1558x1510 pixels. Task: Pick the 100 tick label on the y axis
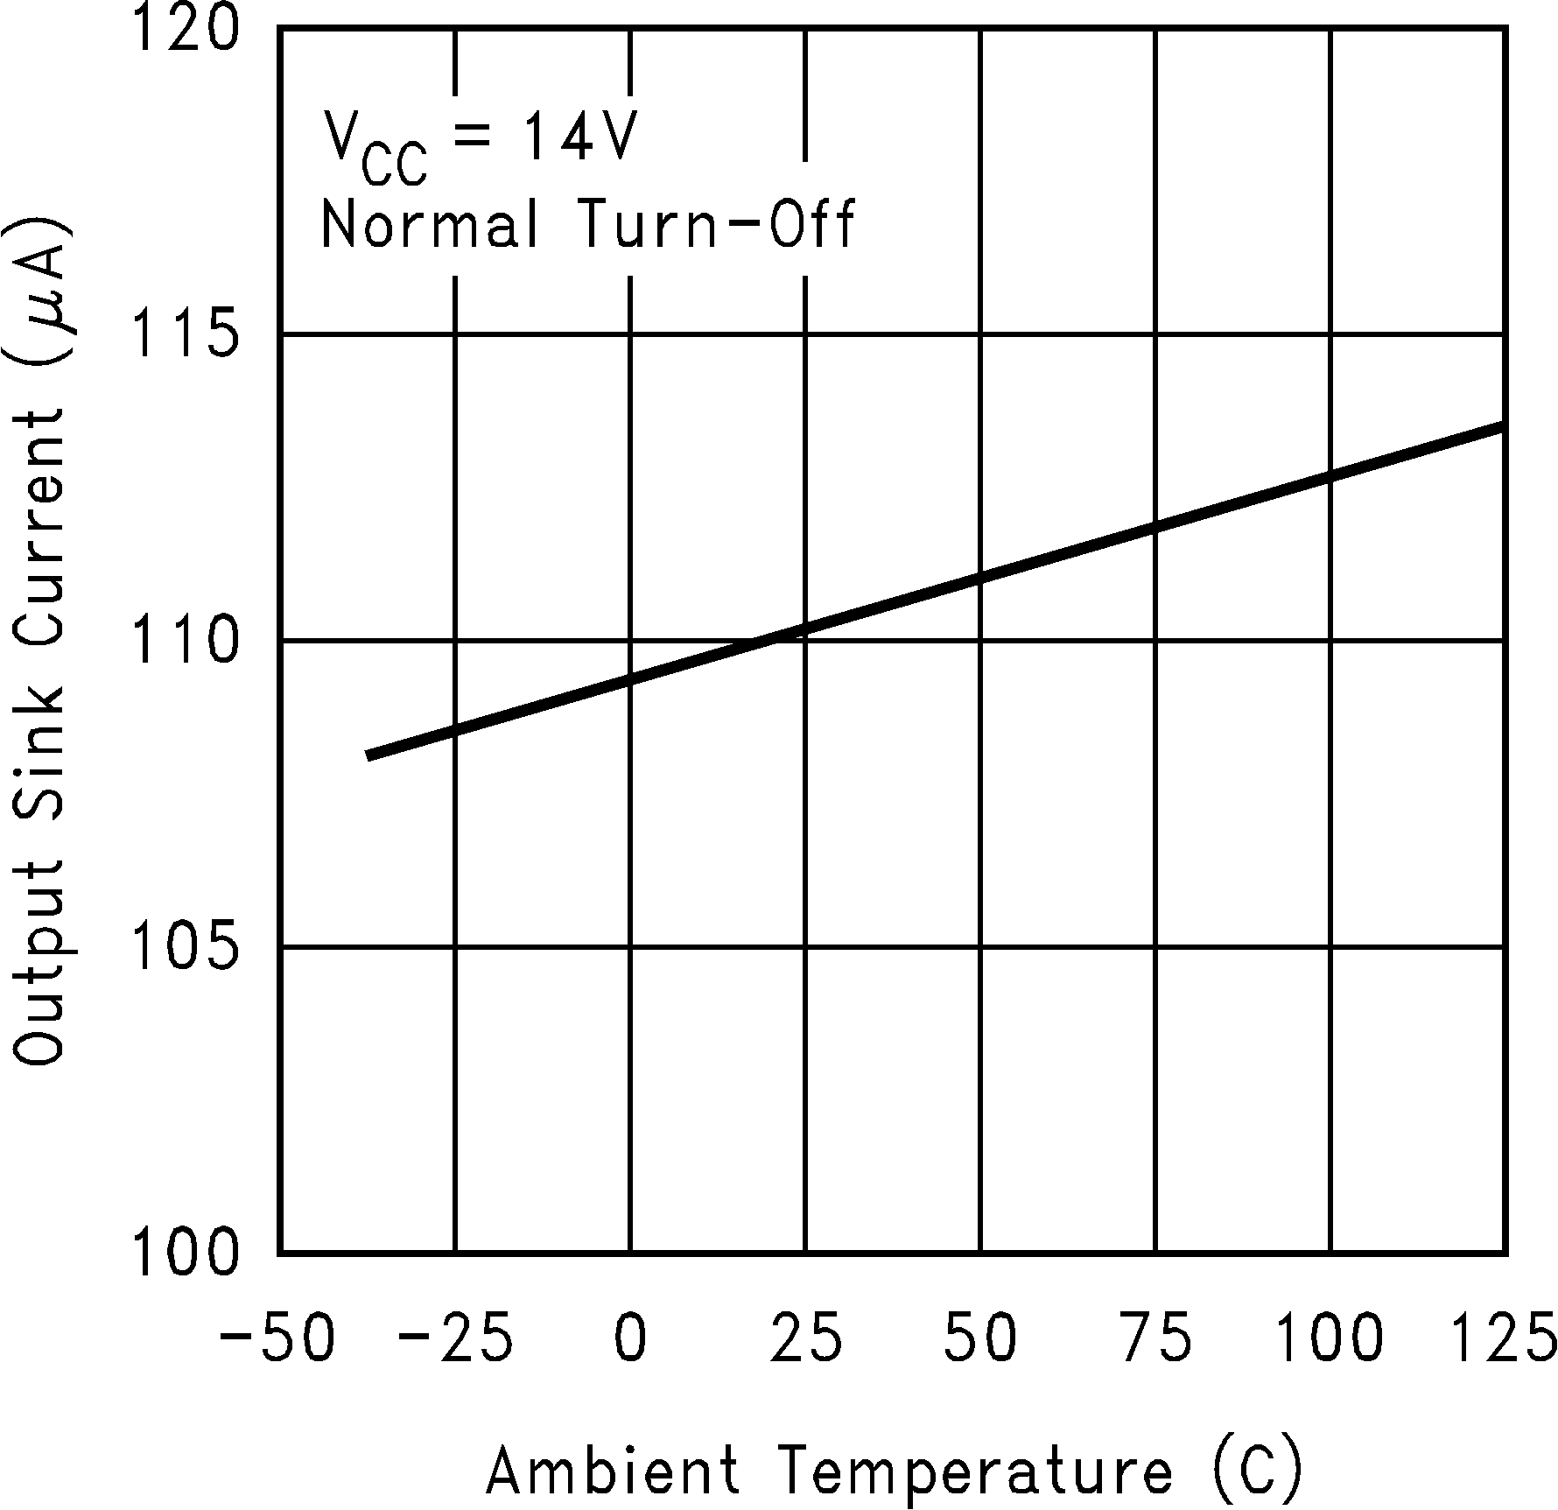coord(184,1252)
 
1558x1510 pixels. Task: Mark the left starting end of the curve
coord(370,755)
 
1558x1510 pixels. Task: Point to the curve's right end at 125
coord(1502,426)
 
